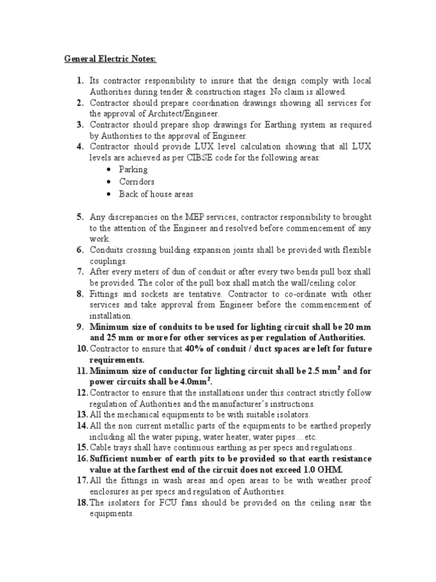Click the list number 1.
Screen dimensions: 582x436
coord(81,81)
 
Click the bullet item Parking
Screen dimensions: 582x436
coord(133,169)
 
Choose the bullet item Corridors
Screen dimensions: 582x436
coord(136,182)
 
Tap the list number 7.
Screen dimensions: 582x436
coord(81,272)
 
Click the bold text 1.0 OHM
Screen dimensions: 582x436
coord(313,469)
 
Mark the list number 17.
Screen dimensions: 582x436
coord(81,481)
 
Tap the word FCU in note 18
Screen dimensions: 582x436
coord(150,502)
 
